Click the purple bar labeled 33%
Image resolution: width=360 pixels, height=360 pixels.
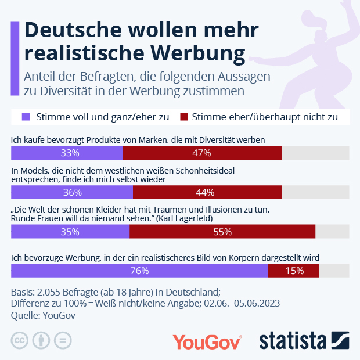(67, 153)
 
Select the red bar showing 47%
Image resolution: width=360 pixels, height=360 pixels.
(202, 153)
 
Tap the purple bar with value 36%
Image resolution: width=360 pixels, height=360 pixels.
(72, 192)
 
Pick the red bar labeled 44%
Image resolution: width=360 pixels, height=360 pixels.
(207, 192)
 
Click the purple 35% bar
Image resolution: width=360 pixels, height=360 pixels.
(70, 232)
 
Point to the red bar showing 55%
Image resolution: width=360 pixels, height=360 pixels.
(222, 232)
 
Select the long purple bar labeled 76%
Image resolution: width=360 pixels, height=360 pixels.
(139, 271)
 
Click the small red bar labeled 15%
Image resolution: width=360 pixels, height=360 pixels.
(294, 271)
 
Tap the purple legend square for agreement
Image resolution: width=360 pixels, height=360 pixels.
(26, 117)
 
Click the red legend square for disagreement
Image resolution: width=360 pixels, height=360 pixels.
(185, 117)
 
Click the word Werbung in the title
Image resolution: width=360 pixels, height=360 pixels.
(197, 52)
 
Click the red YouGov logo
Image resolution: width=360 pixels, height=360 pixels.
(207, 341)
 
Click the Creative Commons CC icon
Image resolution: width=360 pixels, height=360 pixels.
(20, 340)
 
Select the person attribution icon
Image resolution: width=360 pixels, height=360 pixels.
(41, 340)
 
